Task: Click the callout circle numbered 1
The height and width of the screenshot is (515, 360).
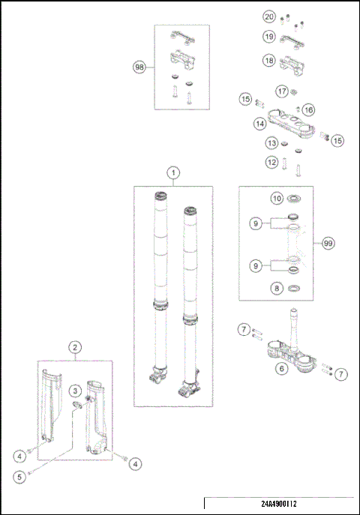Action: click(173, 172)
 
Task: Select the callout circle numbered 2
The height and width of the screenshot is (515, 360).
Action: click(75, 347)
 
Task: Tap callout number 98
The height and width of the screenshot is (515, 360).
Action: click(139, 67)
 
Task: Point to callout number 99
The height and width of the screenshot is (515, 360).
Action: click(328, 244)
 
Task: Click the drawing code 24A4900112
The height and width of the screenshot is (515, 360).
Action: click(279, 504)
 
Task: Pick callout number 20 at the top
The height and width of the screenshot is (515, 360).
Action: click(269, 16)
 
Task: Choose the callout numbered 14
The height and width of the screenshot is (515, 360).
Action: click(259, 124)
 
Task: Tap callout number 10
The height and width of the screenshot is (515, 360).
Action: click(277, 198)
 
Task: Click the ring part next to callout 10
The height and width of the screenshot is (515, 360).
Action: click(294, 199)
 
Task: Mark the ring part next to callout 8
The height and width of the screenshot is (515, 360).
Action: click(294, 289)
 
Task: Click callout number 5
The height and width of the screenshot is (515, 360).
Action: click(19, 477)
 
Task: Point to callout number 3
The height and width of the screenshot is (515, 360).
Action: click(75, 391)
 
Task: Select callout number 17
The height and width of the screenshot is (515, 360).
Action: click(281, 91)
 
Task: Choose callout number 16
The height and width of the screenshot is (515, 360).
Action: click(308, 109)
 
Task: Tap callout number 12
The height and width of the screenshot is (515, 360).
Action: click(271, 162)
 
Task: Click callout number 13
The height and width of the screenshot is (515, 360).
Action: click(271, 143)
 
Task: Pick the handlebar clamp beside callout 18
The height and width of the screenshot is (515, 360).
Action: click(292, 64)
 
